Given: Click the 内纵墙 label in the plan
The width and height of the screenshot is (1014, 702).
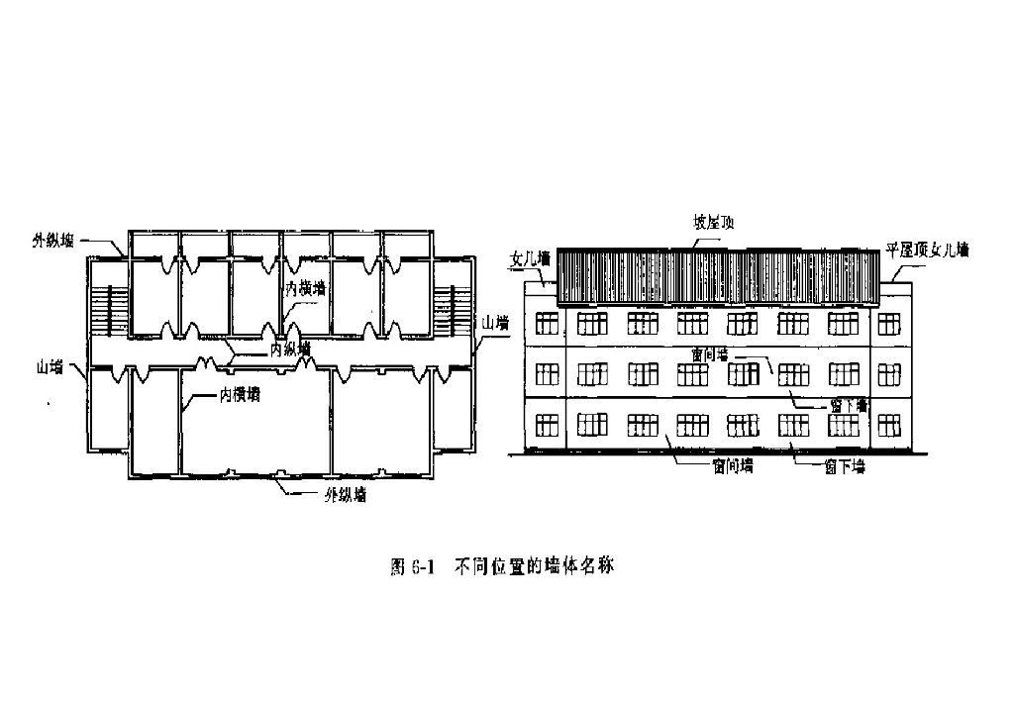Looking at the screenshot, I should pyautogui.click(x=290, y=349).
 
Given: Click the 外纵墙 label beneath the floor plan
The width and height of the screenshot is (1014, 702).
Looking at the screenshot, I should pyautogui.click(x=346, y=495).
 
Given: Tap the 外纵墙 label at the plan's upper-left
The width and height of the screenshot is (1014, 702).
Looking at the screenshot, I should pyautogui.click(x=52, y=239).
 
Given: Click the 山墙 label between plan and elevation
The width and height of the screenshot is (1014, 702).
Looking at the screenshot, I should pyautogui.click(x=492, y=323).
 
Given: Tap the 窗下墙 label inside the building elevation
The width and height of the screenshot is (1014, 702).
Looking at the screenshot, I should pyautogui.click(x=848, y=405).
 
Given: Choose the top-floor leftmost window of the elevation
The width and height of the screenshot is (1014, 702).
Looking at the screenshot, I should pyautogui.click(x=546, y=324).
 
